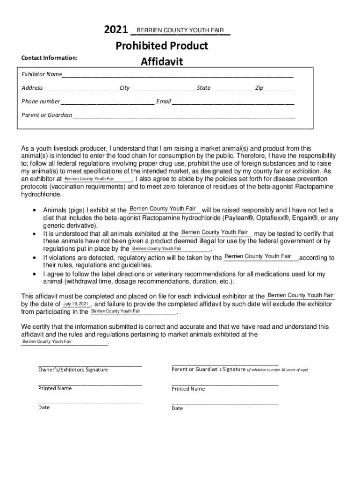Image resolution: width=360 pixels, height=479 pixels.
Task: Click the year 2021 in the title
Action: point(116,30)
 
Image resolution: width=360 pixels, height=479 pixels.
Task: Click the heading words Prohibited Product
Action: point(162,46)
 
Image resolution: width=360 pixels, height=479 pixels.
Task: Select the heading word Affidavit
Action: point(162,62)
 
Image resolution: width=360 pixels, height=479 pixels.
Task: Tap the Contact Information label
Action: point(49,58)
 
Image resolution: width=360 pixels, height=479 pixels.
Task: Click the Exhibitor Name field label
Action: point(42,74)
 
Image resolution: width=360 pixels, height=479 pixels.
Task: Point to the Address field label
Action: point(32,88)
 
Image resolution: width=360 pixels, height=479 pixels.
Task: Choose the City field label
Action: point(124,88)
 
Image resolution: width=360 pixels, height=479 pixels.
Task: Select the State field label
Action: point(203,88)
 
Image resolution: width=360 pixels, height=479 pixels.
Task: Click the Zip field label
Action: point(259,88)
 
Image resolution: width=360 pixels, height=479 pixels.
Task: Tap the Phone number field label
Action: point(41,102)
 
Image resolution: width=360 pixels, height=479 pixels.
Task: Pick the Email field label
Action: point(164,102)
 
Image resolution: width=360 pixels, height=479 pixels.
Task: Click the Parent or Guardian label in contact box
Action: point(47,115)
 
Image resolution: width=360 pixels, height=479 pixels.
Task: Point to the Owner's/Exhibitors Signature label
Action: point(73,370)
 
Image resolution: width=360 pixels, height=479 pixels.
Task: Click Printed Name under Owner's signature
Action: point(55,389)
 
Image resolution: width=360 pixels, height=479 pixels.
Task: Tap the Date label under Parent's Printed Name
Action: point(177,408)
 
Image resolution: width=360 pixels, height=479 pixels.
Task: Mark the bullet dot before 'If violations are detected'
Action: point(35,258)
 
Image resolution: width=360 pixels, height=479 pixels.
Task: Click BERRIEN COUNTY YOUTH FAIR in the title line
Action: point(180,30)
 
